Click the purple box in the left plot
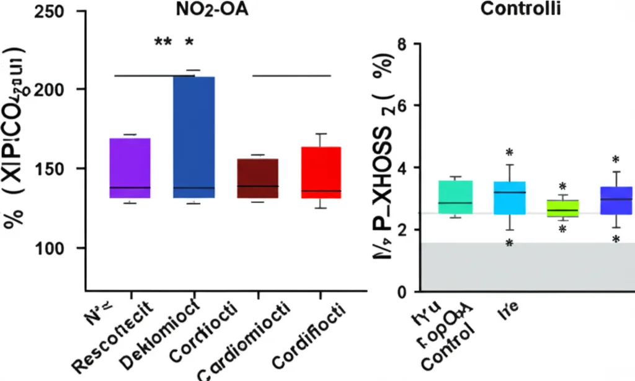click(x=130, y=168)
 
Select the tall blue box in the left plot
click(x=194, y=137)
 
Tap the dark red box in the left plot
click(x=258, y=178)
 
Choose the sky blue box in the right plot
click(x=509, y=198)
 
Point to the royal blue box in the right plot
click(x=616, y=200)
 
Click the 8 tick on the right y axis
click(x=399, y=45)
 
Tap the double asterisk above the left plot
click(x=163, y=43)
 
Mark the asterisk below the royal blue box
click(x=616, y=240)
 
